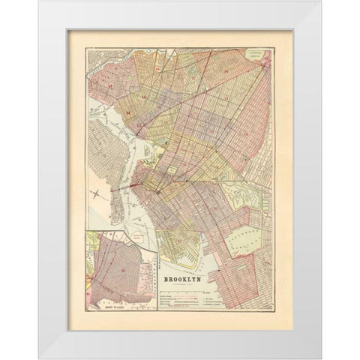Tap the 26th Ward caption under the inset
(x=119, y=307)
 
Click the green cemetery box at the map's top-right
(x=257, y=55)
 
